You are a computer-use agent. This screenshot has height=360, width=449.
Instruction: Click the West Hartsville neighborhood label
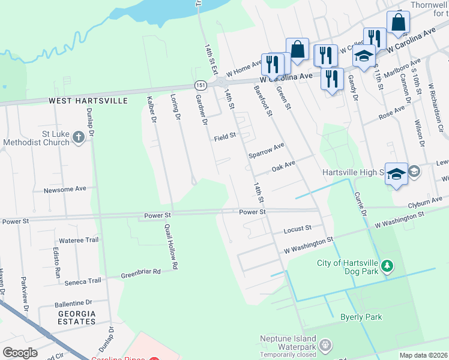(x=88, y=101)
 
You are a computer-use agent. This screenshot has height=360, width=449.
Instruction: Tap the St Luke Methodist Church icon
(x=78, y=138)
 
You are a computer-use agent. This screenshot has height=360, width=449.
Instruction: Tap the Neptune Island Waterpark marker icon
(x=325, y=345)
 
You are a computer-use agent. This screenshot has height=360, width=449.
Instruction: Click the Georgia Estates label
(x=77, y=317)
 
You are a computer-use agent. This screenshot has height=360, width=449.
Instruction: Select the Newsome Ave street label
(x=65, y=189)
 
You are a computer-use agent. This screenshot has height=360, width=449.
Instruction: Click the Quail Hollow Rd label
(x=172, y=246)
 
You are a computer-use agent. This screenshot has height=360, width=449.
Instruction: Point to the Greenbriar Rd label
(x=140, y=271)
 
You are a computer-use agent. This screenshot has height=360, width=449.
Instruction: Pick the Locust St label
(x=298, y=229)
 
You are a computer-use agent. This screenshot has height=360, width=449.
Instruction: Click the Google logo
(x=20, y=353)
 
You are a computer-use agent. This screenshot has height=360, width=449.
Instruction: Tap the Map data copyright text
(x=424, y=355)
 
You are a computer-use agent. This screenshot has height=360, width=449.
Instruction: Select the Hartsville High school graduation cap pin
(x=396, y=173)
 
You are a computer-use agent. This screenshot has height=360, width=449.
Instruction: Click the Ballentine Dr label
(x=73, y=303)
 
